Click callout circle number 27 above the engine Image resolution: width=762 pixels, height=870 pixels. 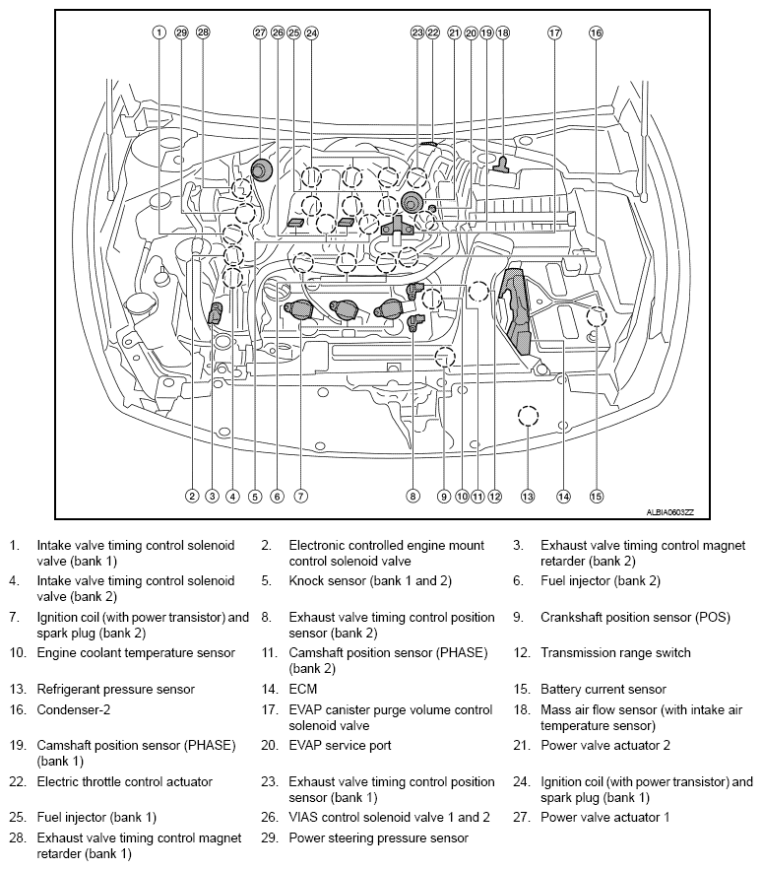click(260, 33)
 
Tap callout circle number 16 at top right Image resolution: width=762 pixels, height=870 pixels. click(596, 33)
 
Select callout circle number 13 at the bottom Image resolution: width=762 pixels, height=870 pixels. click(528, 496)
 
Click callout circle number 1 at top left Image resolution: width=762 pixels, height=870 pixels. click(159, 33)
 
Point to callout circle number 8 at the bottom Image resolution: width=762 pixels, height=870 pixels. click(413, 496)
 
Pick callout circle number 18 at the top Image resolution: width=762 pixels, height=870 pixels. click(503, 33)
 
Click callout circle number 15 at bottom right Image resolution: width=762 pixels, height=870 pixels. click(596, 496)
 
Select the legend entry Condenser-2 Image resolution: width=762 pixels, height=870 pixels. click(73, 710)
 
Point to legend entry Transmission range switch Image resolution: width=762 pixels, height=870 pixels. click(615, 652)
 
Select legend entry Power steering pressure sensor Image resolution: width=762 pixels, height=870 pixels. click(378, 838)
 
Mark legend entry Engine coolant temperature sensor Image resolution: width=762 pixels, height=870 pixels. click(136, 652)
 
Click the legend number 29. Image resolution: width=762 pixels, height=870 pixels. click(268, 838)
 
